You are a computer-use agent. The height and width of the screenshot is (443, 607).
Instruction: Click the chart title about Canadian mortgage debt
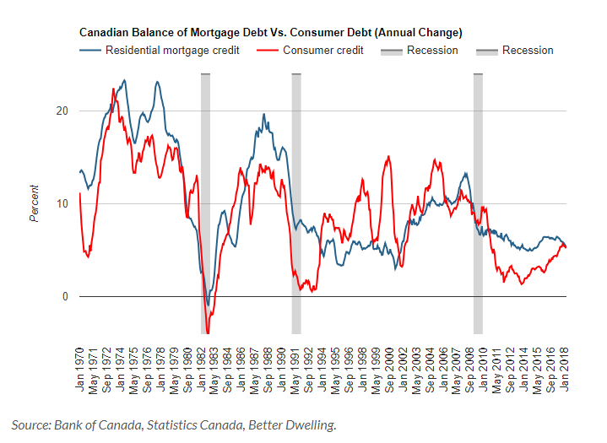click(270, 33)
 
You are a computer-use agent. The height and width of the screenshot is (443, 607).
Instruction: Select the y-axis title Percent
click(35, 203)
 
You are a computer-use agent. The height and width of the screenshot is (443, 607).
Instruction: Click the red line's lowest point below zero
click(208, 333)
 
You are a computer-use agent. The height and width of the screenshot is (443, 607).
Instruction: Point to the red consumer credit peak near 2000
click(388, 156)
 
